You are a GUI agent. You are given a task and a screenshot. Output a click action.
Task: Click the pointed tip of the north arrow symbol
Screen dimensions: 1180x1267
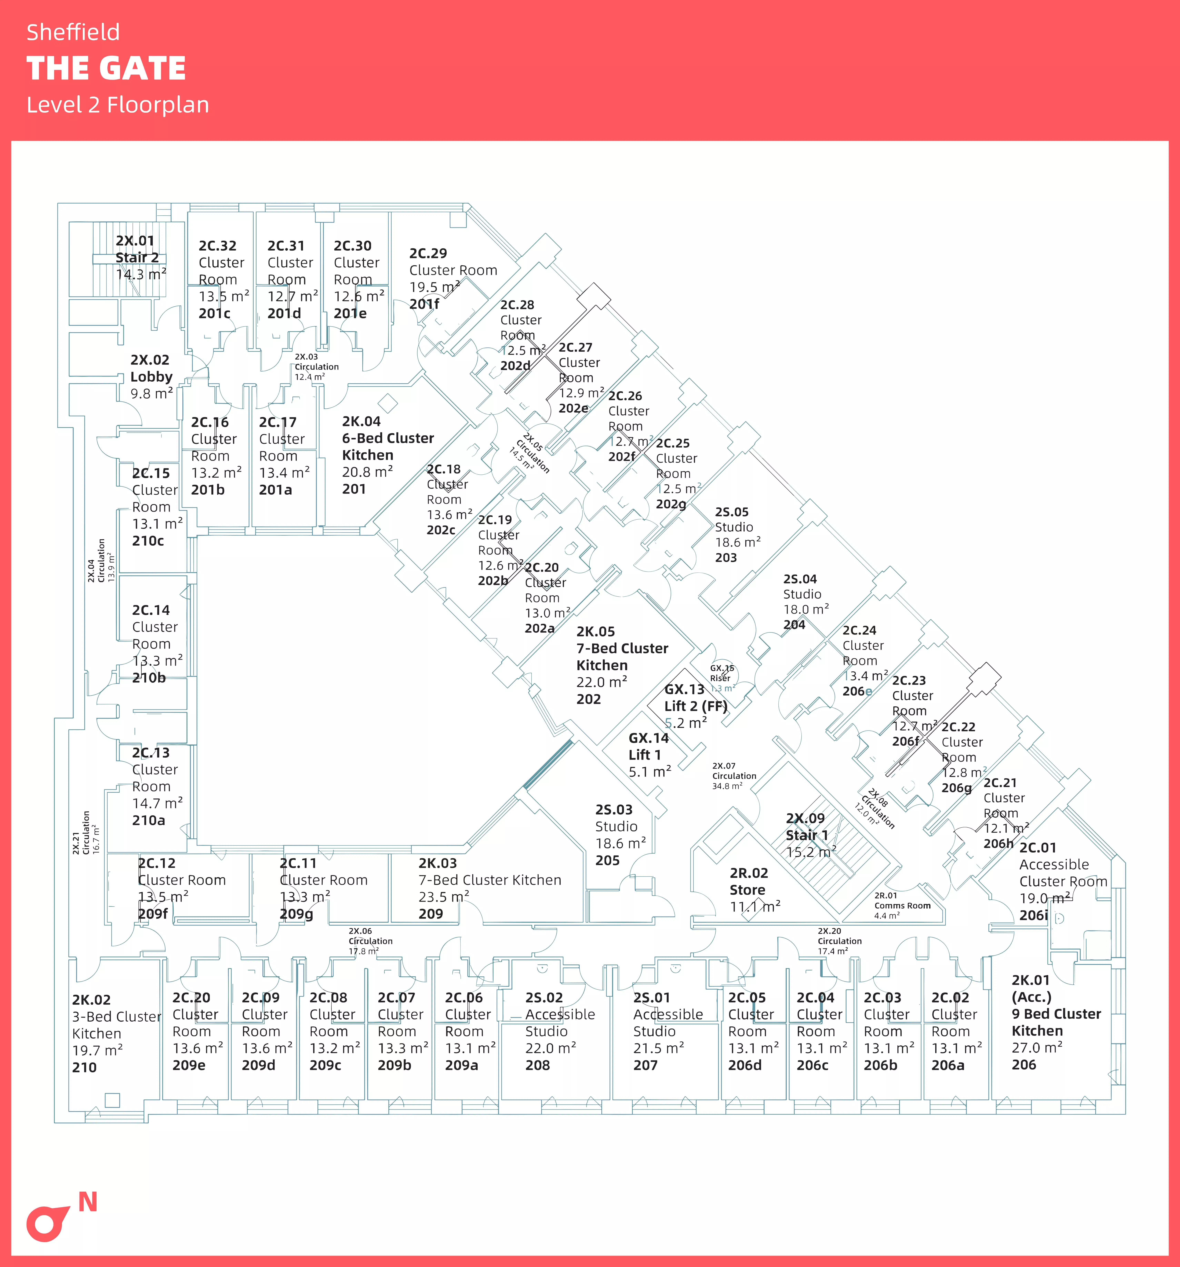coord(70,1207)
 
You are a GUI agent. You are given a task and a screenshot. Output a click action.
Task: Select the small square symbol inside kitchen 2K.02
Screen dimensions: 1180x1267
coord(112,1099)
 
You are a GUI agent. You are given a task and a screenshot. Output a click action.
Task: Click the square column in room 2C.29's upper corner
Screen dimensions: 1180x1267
coord(458,219)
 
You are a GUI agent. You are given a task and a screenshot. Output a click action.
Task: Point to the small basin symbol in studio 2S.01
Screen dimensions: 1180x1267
coord(675,969)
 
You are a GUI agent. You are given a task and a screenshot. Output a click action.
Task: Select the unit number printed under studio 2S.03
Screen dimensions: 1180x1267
coord(608,860)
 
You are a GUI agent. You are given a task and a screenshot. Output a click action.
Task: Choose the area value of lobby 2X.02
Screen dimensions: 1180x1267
coord(152,394)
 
